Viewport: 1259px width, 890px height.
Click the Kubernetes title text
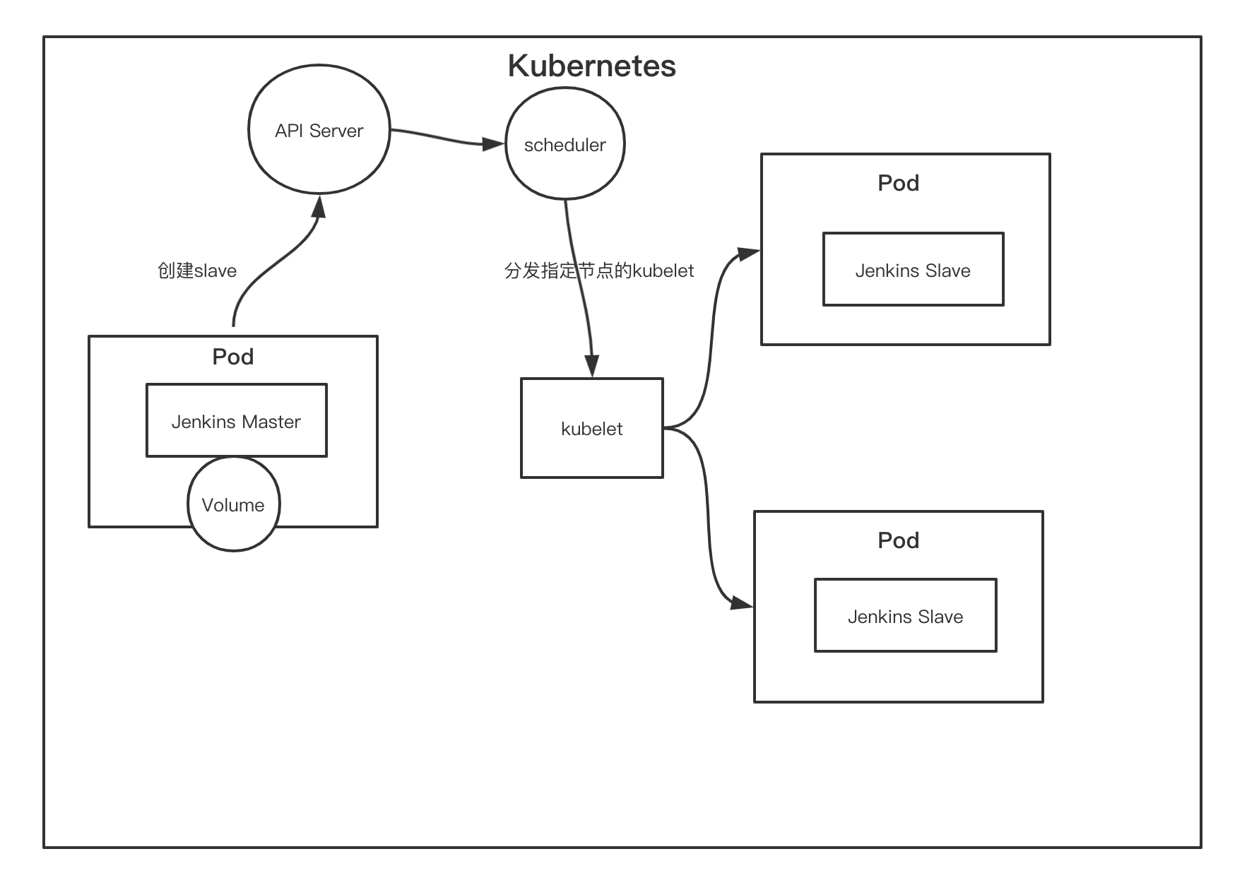(x=591, y=66)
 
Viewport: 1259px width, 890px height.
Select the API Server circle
(x=319, y=130)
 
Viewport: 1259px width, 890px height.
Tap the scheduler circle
(x=565, y=144)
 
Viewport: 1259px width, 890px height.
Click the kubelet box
(x=591, y=428)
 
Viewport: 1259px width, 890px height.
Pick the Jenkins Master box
(x=236, y=421)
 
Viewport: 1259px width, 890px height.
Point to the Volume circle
(x=233, y=504)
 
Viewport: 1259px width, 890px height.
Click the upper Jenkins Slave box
(x=913, y=270)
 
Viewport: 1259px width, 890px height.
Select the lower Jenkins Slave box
(x=905, y=616)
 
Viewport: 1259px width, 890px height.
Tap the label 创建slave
(x=197, y=271)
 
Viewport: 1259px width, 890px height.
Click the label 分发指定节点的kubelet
(x=599, y=271)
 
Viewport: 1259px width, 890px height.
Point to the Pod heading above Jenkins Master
(x=233, y=357)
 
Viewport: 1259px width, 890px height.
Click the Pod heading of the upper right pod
(x=898, y=183)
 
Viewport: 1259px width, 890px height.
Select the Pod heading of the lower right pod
(x=898, y=540)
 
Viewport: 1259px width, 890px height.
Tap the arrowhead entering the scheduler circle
(x=494, y=144)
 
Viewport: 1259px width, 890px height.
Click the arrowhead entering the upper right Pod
(x=748, y=252)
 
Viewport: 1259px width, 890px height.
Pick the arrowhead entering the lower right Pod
(x=742, y=603)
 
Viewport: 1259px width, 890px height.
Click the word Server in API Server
(x=336, y=131)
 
